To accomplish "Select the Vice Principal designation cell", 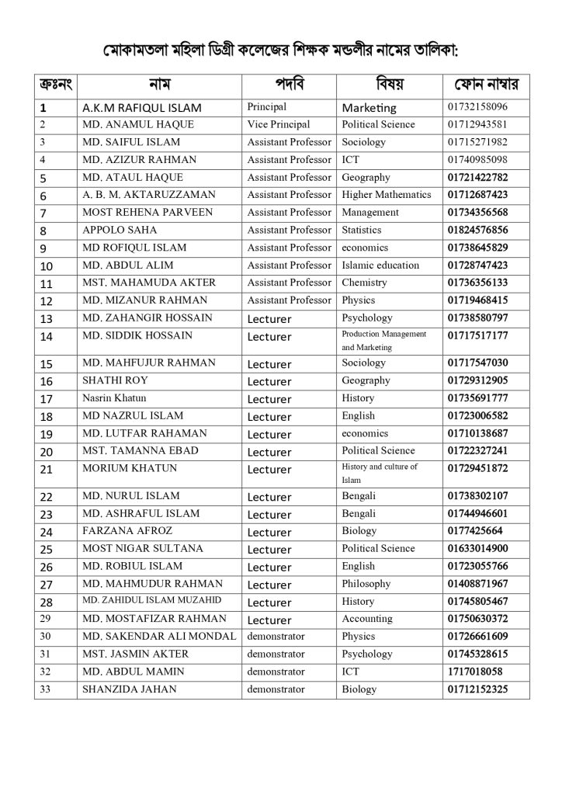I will pos(278,124).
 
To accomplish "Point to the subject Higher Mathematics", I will pos(386,195).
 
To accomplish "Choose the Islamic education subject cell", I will pos(380,265).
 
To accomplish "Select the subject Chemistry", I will pos(365,283).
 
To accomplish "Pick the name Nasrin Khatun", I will pos(114,398).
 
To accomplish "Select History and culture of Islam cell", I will pos(380,474).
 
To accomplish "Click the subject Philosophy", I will pos(366,584).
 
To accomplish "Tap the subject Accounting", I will pos(367,619).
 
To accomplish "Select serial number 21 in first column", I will pos(46,469).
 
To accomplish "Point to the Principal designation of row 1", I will pos(266,107).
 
